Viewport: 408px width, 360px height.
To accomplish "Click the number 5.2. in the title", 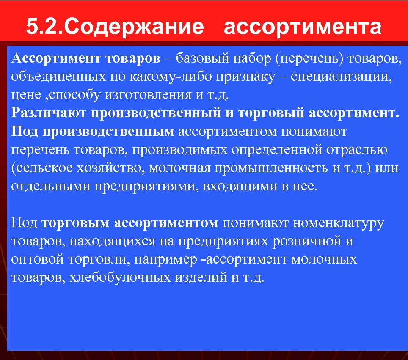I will (x=45, y=26).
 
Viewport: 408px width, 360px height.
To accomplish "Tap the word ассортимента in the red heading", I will (x=302, y=26).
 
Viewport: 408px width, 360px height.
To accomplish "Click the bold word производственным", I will (x=108, y=132).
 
